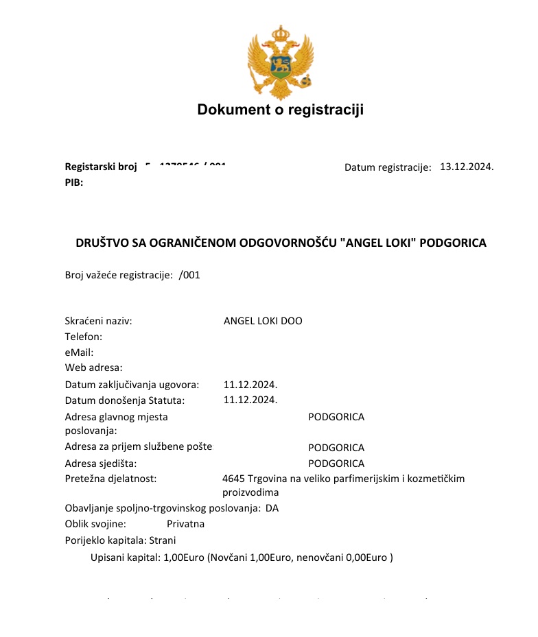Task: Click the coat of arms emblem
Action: pos(280,63)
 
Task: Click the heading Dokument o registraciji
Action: pos(280,110)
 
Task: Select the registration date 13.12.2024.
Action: pos(467,167)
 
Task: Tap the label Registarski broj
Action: pos(101,167)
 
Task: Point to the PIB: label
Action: pos(74,182)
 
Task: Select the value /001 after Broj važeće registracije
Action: pos(189,275)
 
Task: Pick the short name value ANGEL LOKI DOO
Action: pos(263,321)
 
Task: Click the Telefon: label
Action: pos(84,337)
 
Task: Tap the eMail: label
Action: pos(79,352)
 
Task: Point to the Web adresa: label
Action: pos(93,368)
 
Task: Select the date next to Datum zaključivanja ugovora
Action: pos(250,384)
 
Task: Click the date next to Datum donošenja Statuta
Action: pos(250,400)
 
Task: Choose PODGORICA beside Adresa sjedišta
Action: pos(336,464)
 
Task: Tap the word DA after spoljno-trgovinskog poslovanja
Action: pos(272,508)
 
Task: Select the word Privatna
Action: pos(185,524)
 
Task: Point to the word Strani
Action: pos(162,540)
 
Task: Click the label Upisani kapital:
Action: pos(126,557)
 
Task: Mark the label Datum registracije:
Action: pos(388,167)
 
